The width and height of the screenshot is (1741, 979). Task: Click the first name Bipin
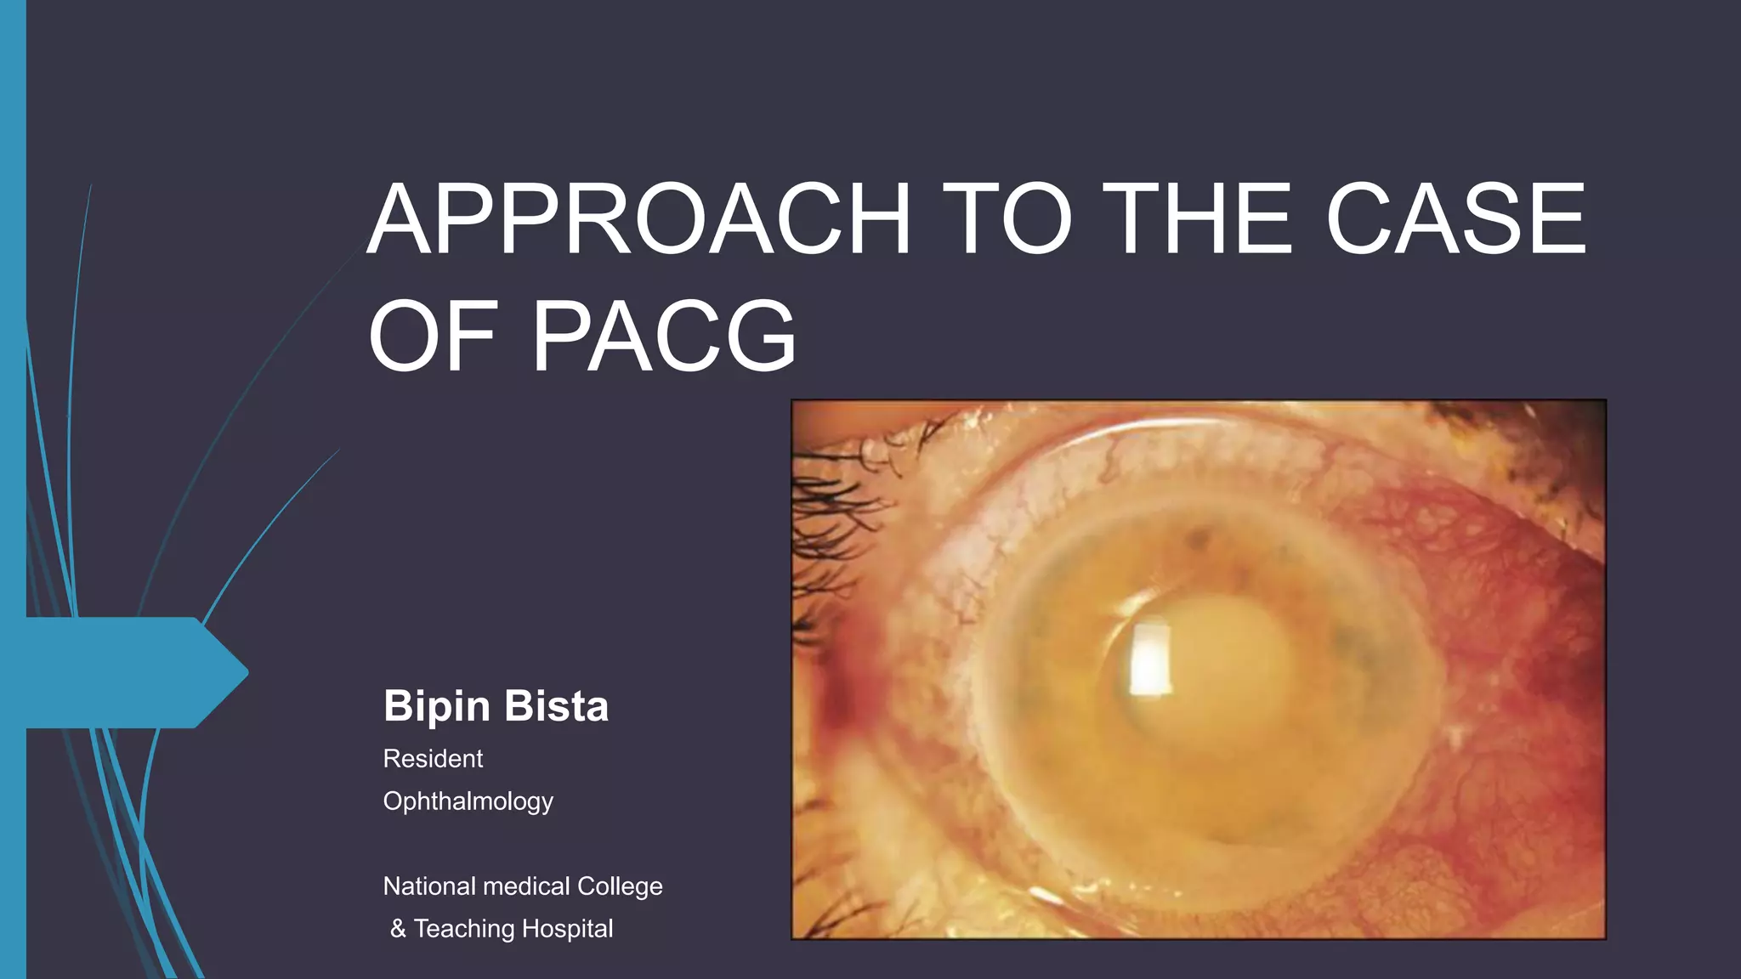437,706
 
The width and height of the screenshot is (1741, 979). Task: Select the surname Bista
557,706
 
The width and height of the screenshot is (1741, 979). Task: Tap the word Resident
433,758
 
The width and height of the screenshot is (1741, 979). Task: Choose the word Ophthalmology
468,801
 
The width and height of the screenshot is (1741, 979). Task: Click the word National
429,886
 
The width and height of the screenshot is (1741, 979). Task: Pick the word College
620,886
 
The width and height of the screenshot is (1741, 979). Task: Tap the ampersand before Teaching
398,929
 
